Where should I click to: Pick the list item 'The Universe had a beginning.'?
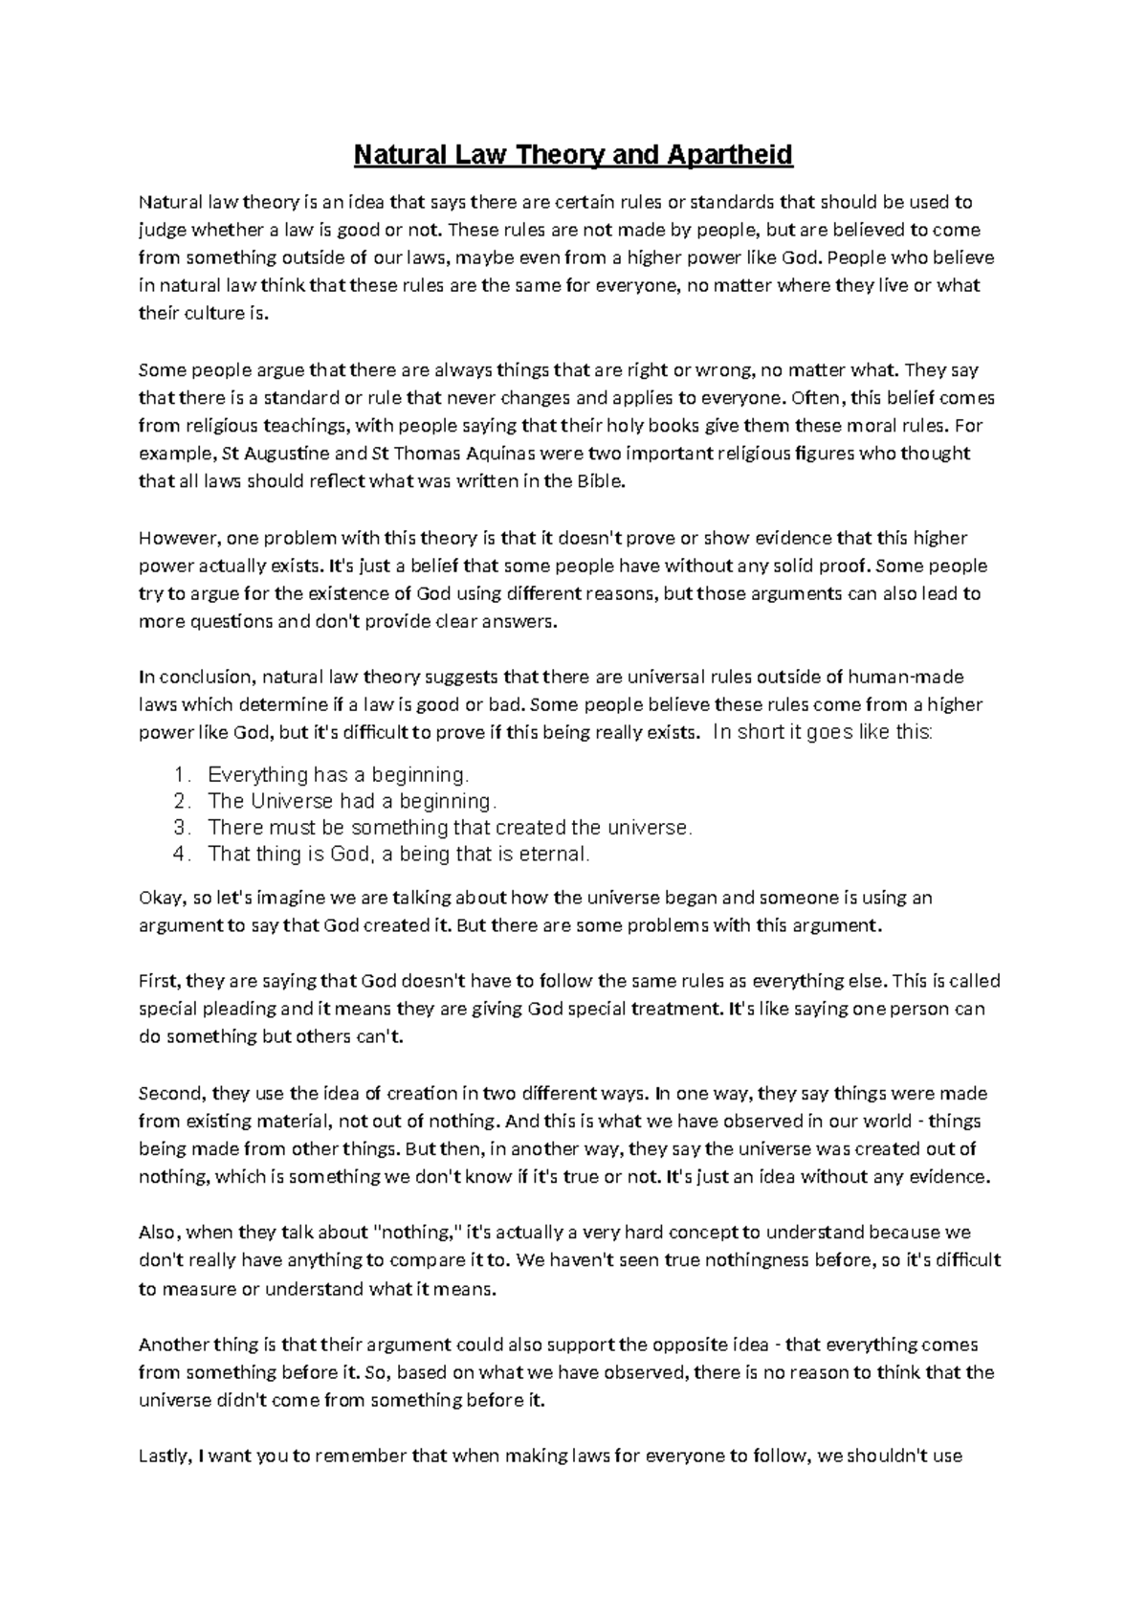[352, 801]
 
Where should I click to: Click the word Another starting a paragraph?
[172, 1345]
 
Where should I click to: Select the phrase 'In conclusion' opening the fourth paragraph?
[194, 678]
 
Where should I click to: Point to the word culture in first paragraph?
[210, 314]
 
